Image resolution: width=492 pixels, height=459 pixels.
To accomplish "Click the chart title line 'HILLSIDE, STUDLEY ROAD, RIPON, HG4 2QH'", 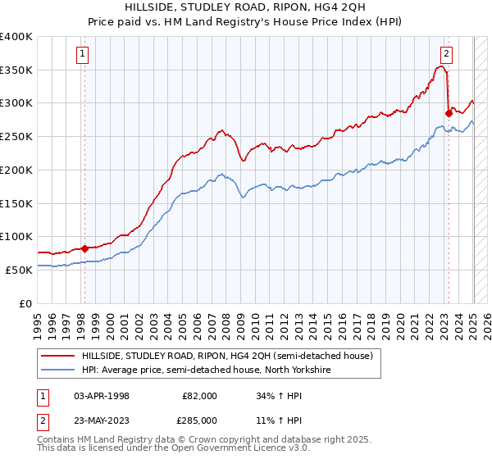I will tap(246, 8).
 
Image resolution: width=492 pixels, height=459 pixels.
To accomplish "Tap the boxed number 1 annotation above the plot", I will tap(84, 55).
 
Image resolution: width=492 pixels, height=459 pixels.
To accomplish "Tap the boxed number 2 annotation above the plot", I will tap(446, 55).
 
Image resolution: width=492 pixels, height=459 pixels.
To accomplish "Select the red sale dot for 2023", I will tap(449, 113).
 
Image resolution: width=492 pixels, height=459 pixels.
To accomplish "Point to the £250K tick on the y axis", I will tap(16, 137).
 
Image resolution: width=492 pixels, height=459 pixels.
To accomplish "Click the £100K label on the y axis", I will tap(16, 237).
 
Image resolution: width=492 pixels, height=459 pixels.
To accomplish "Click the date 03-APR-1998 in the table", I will tap(102, 396).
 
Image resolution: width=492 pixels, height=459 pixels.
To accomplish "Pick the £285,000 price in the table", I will tap(200, 420).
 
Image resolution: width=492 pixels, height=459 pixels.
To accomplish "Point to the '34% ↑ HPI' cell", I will tap(280, 396).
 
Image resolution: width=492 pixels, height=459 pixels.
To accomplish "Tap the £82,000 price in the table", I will tap(200, 396).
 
